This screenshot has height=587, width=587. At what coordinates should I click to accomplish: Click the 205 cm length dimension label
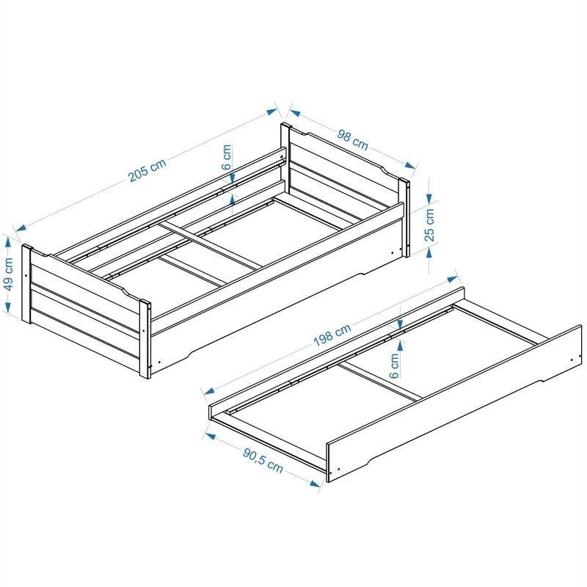[x=147, y=171]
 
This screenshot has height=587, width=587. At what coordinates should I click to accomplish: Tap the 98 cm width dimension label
[x=353, y=139]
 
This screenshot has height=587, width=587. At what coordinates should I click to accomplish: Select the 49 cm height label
[x=8, y=273]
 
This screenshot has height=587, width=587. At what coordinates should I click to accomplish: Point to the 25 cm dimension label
[x=429, y=225]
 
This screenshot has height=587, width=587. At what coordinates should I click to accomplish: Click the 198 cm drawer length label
[x=332, y=335]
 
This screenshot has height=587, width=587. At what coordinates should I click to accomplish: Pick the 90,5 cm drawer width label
[x=263, y=460]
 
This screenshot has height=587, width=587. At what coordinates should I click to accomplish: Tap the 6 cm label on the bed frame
[x=227, y=157]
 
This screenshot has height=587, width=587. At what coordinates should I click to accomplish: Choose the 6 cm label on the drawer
[x=394, y=365]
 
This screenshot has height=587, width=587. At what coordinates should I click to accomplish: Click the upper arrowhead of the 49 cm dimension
[x=8, y=243]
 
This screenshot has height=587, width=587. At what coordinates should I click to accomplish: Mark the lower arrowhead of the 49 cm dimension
[x=8, y=307]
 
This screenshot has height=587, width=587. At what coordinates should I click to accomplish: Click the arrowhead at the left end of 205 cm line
[x=21, y=227]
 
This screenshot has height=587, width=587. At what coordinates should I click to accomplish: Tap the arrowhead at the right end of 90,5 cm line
[x=315, y=483]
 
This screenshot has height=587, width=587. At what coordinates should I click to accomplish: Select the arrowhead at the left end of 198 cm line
[x=209, y=391]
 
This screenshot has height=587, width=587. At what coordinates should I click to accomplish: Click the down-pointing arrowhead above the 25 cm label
[x=429, y=198]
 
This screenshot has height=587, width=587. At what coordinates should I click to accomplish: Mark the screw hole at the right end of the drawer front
[x=572, y=360]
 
